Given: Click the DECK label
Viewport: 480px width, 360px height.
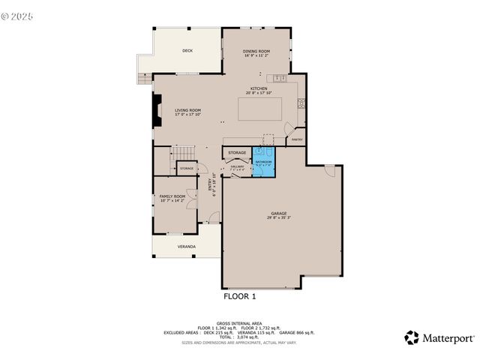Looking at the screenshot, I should [x=187, y=51].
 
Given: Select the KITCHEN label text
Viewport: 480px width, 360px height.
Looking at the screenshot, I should [x=257, y=89].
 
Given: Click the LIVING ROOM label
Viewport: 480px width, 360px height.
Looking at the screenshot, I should [x=188, y=112].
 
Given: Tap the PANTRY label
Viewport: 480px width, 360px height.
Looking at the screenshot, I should [x=297, y=139].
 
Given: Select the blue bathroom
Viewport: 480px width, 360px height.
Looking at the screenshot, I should [x=263, y=162].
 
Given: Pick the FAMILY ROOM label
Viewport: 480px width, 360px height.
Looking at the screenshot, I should [x=172, y=197].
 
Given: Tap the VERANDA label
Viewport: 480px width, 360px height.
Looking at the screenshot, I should [x=187, y=246].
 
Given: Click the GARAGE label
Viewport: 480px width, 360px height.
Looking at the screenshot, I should [x=279, y=214].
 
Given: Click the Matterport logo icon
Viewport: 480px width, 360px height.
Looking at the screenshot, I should [x=412, y=337].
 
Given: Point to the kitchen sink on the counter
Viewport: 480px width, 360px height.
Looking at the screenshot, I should [x=279, y=78].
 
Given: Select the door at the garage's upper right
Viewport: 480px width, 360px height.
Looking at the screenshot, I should [x=328, y=170].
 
